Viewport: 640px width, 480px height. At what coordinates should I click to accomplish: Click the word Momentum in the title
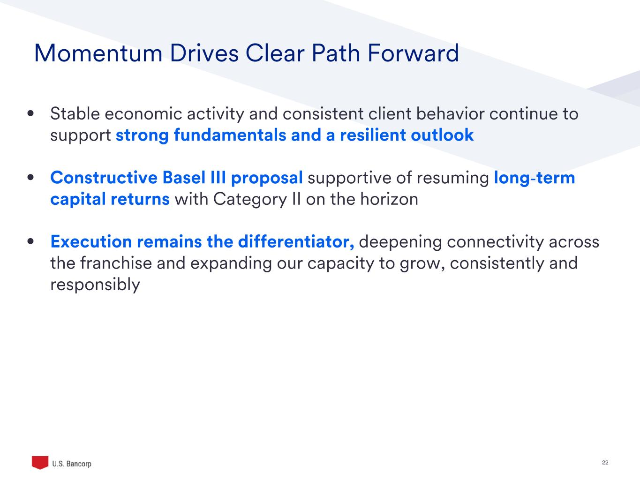[98, 53]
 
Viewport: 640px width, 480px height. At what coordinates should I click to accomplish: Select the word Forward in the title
[413, 53]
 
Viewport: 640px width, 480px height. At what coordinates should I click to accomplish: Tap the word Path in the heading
[336, 53]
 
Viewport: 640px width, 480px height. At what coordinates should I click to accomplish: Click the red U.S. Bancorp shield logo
[40, 463]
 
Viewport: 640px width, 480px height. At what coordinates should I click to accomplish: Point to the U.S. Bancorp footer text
[72, 464]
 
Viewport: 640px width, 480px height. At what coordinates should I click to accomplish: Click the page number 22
[605, 463]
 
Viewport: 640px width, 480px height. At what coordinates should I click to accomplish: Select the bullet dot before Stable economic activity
[30, 113]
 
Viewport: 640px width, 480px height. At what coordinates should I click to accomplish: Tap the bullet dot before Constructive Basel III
[30, 178]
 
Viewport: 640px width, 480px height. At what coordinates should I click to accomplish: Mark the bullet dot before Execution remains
[30, 241]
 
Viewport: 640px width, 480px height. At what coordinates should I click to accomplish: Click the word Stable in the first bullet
[75, 113]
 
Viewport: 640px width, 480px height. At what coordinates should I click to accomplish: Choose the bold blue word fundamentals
[230, 135]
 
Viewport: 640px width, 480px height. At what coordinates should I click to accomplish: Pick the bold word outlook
[442, 135]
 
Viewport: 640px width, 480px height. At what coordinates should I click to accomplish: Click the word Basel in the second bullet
[184, 178]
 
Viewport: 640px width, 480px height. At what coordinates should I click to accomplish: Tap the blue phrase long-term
[535, 178]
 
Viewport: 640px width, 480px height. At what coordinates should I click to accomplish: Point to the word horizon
[389, 199]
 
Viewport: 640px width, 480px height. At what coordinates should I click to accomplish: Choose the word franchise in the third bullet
[116, 263]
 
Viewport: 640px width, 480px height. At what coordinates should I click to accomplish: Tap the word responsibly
[95, 285]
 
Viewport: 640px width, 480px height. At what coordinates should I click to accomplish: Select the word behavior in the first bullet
[450, 113]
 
